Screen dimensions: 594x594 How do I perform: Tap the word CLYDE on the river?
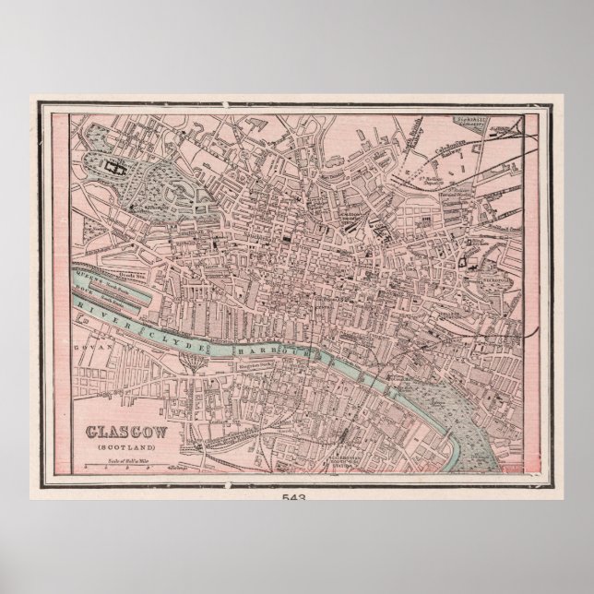[x=179, y=340]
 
